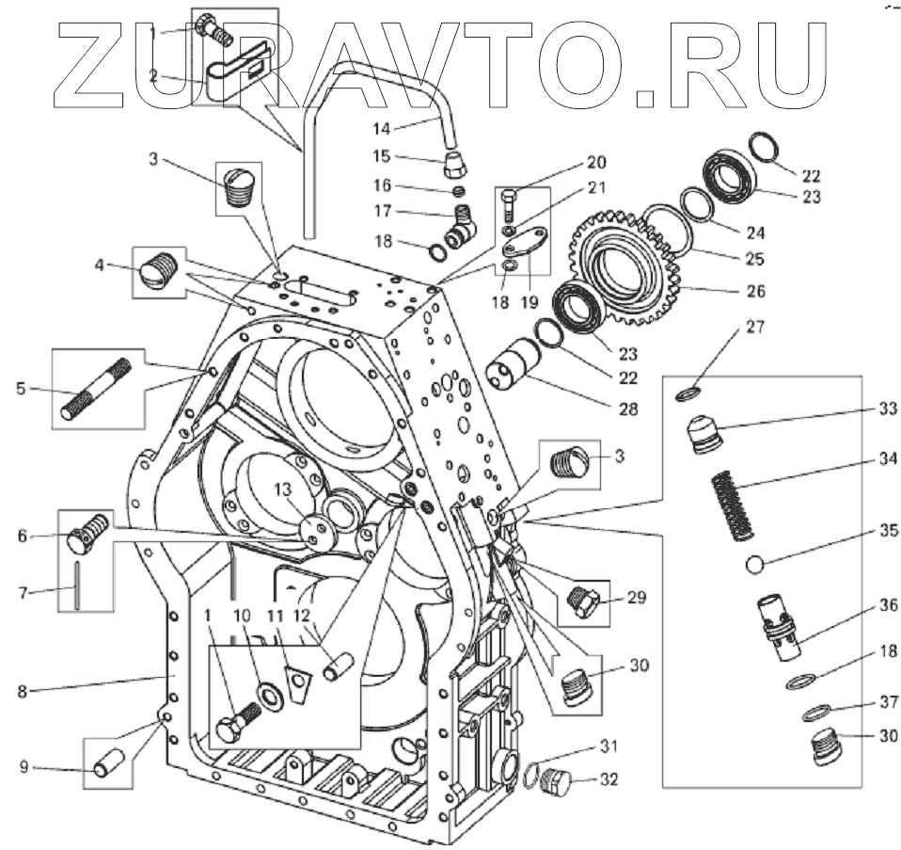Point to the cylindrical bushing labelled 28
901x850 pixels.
point(515,367)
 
